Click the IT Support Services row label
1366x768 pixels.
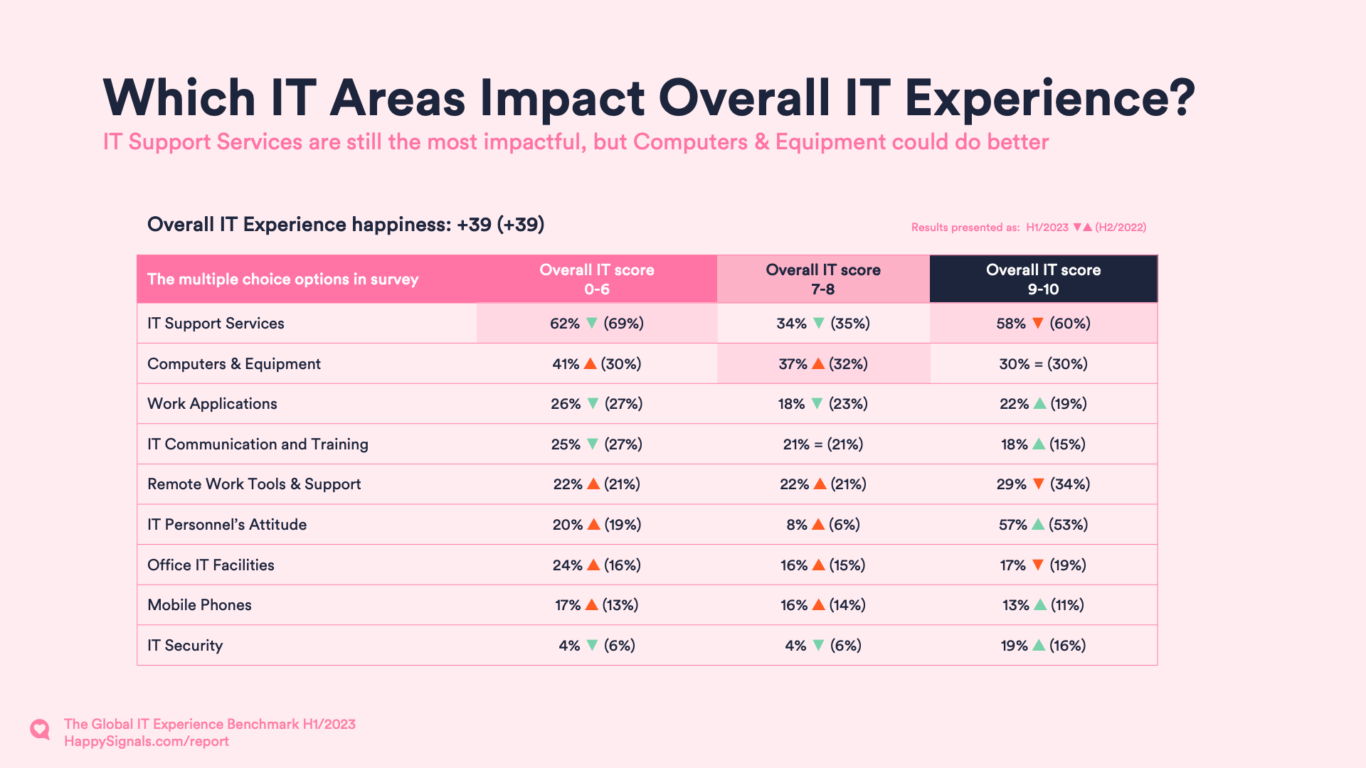tap(216, 324)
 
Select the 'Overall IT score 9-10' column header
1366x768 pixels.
tap(1043, 279)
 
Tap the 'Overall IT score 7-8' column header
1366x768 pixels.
tap(823, 279)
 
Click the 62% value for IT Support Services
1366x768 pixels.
tap(564, 324)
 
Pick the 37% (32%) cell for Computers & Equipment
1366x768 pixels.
tap(823, 364)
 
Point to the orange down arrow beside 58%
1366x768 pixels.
tap(1038, 324)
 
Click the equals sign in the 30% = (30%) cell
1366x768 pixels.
tap(1039, 364)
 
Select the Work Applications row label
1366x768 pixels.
tap(212, 404)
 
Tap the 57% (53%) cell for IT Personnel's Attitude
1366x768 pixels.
tap(1043, 525)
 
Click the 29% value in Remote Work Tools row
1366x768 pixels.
tap(1011, 484)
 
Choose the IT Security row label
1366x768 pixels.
tap(185, 646)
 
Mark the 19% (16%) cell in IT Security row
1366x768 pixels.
tap(1043, 646)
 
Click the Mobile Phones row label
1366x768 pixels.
tap(199, 605)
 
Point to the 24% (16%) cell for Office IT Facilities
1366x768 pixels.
tap(596, 565)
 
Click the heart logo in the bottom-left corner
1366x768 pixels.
tap(40, 730)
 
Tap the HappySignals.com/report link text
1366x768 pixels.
tap(147, 742)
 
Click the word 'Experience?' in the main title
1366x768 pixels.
tap(1050, 98)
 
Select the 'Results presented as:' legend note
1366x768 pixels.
tap(965, 228)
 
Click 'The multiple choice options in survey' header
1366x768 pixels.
tap(282, 279)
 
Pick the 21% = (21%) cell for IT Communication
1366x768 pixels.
tap(823, 444)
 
